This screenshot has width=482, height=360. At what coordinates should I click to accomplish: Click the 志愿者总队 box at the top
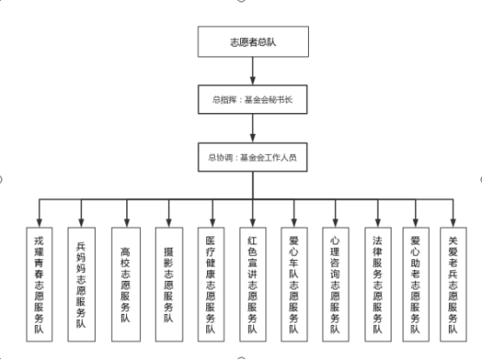253,42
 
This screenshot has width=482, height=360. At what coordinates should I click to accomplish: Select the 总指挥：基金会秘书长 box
252,99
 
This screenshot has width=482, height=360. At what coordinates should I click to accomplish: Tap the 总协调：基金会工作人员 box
252,157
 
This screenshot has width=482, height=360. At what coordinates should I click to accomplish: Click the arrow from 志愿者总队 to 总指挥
252,71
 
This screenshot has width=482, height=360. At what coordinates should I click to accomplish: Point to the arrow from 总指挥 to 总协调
252,128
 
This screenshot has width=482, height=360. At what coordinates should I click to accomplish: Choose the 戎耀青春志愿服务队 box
39,284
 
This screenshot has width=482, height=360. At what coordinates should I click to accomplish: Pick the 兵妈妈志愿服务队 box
82,284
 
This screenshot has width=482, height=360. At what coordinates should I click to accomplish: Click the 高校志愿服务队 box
126,284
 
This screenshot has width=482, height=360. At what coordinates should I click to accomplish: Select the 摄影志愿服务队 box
169,284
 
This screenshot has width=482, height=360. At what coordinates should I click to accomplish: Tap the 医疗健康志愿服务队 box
211,284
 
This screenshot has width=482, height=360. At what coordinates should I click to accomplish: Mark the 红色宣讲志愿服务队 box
252,284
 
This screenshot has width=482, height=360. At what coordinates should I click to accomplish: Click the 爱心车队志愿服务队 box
294,284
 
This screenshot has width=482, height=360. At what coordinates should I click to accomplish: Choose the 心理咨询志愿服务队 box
335,284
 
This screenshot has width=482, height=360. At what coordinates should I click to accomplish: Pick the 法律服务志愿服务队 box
378,284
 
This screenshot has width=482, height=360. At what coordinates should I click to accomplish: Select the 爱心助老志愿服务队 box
416,284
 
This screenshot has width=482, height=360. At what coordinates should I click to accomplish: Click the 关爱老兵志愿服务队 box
453,284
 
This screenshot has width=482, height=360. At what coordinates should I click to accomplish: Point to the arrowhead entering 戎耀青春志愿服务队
39,223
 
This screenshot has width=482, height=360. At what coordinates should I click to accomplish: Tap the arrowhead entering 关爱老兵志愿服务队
453,223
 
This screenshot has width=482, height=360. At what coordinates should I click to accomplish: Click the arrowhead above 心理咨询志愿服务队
335,223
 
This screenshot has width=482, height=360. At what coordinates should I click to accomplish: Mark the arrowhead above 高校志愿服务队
127,223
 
